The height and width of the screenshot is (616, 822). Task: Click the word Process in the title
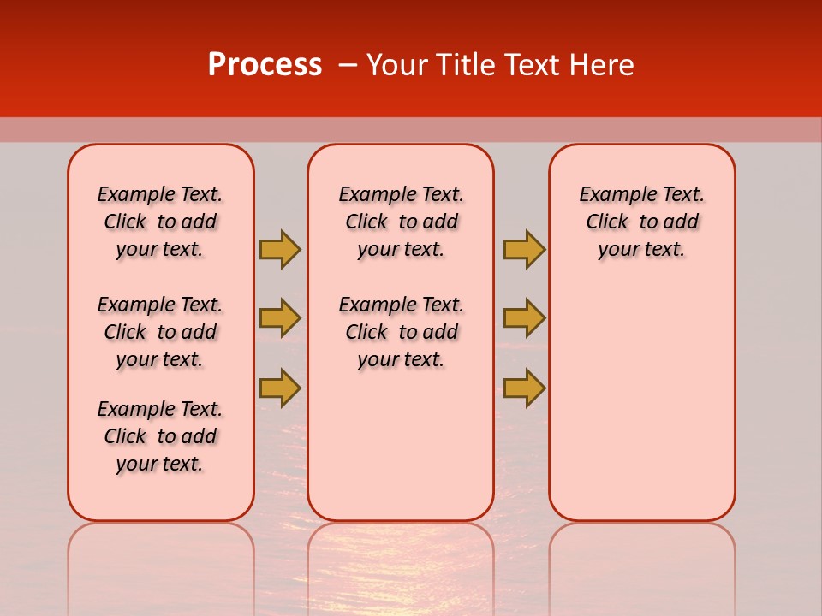click(x=265, y=65)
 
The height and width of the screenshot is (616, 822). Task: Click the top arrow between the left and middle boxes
click(x=280, y=249)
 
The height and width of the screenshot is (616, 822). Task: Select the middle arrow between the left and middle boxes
click(x=280, y=318)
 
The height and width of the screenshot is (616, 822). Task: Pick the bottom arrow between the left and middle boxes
click(x=280, y=388)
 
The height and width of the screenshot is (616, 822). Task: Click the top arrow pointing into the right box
click(x=524, y=249)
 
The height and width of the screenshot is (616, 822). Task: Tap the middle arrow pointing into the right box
click(x=524, y=318)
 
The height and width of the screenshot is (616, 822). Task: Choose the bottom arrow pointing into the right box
click(x=524, y=388)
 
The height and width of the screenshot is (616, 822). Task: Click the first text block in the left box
click(x=160, y=222)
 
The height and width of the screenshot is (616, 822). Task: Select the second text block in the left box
click(x=160, y=332)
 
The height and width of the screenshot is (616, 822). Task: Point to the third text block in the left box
click(x=160, y=436)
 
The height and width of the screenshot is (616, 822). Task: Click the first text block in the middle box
click(x=401, y=222)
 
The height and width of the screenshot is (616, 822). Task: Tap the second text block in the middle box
click(x=401, y=332)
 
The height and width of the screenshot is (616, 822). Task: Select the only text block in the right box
click(x=641, y=222)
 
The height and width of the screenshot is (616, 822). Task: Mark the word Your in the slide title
click(x=396, y=65)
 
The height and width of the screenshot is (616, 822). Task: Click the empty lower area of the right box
click(x=641, y=402)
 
